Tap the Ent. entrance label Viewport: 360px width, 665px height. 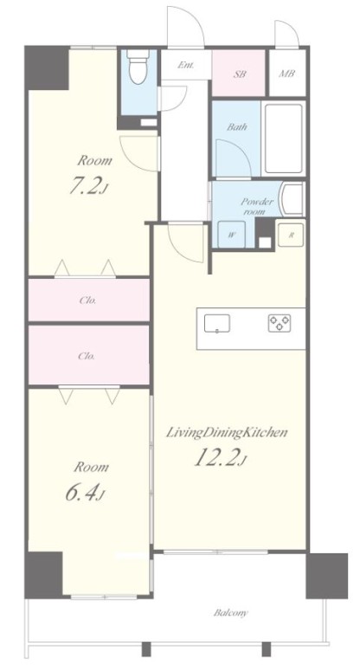(x=186, y=65)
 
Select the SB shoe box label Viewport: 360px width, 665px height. (x=240, y=74)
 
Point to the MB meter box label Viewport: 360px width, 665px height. (x=287, y=74)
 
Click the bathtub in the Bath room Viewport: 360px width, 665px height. (x=284, y=139)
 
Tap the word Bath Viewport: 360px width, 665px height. (x=237, y=126)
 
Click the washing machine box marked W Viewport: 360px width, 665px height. (x=232, y=236)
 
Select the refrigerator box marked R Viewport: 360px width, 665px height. (x=291, y=236)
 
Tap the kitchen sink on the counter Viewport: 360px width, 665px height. (x=217, y=323)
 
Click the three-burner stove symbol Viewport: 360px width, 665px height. (x=279, y=323)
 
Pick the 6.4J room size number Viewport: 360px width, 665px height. (x=85, y=492)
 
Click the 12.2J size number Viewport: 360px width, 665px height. (x=221, y=458)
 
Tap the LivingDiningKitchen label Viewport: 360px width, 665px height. (x=227, y=433)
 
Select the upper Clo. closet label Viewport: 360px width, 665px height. (x=87, y=300)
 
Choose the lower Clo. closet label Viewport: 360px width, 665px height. (x=87, y=356)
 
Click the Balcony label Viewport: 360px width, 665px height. (x=231, y=613)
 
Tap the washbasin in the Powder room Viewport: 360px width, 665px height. (x=293, y=199)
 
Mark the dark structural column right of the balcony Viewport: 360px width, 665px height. (x=327, y=576)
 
